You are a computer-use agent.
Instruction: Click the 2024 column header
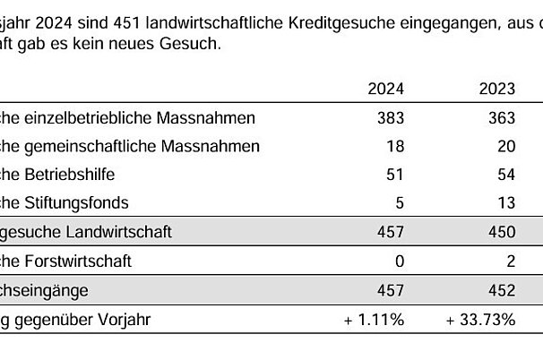click(387, 88)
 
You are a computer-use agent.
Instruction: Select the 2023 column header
click(497, 88)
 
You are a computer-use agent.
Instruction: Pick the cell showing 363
click(502, 117)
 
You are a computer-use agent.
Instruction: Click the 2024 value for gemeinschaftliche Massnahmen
click(395, 146)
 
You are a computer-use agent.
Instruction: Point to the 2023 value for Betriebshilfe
click(506, 175)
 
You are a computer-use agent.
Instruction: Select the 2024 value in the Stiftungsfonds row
click(400, 203)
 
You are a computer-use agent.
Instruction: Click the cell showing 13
click(506, 203)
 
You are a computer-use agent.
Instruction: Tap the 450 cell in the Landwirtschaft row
click(502, 232)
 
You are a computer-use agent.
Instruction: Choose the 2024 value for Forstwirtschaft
click(400, 261)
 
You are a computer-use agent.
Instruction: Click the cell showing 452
click(502, 290)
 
